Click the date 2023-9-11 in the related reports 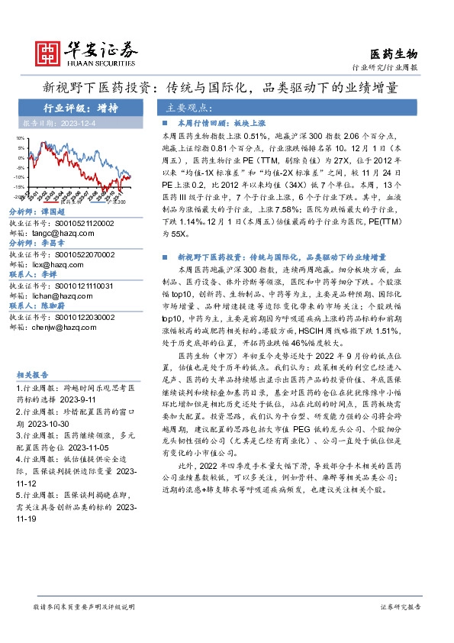[x=77, y=399]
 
